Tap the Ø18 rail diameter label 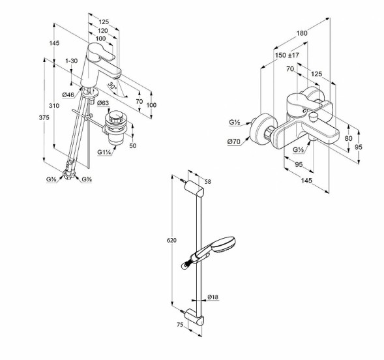click(213, 297)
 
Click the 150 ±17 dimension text click(287, 55)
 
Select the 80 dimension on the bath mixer click(349, 138)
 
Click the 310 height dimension click(54, 106)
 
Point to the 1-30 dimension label click(72, 61)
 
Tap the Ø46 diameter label click(69, 95)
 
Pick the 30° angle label click(111, 86)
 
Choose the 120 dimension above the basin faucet click(103, 31)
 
